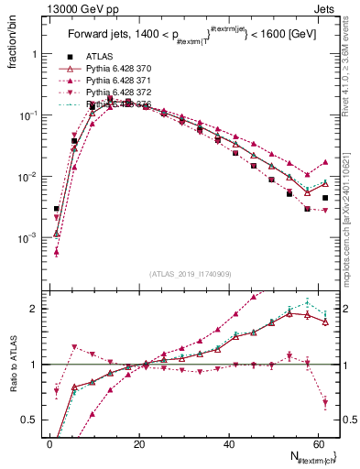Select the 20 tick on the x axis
tap(139, 445)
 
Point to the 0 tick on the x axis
tap(50, 445)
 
